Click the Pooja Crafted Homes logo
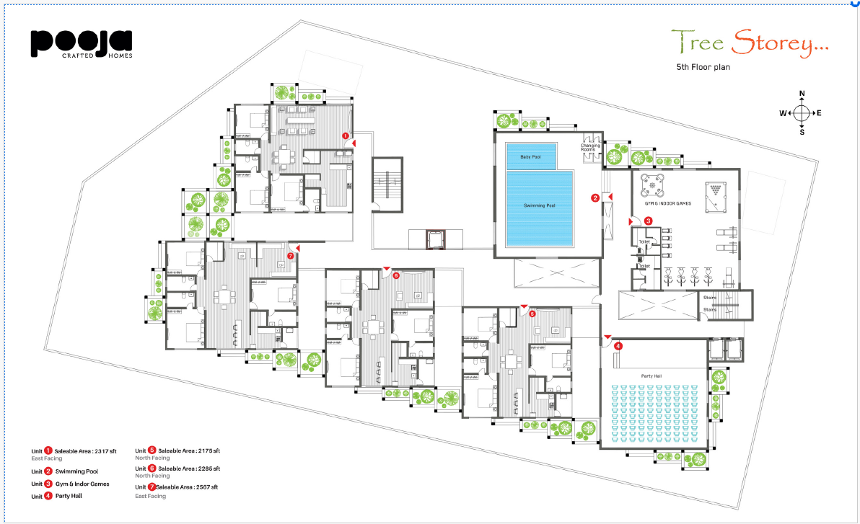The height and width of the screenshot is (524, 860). pyautogui.click(x=81, y=43)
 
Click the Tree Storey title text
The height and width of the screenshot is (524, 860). pyautogui.click(x=750, y=43)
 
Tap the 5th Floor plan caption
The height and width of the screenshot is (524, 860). pyautogui.click(x=703, y=68)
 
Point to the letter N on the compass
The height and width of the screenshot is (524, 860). pyautogui.click(x=802, y=94)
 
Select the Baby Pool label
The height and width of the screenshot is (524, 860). pyautogui.click(x=530, y=156)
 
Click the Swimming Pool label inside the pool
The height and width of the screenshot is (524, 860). pyautogui.click(x=539, y=205)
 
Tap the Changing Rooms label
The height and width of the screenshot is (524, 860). pyautogui.click(x=592, y=147)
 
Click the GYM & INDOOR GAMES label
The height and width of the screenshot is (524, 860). pyautogui.click(x=667, y=204)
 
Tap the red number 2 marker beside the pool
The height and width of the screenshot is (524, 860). pyautogui.click(x=595, y=197)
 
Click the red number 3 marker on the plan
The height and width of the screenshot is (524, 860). pyautogui.click(x=648, y=221)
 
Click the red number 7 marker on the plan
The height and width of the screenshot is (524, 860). pyautogui.click(x=290, y=255)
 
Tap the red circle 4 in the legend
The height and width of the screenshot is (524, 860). pyautogui.click(x=48, y=496)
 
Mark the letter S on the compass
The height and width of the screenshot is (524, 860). pyautogui.click(x=802, y=133)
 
